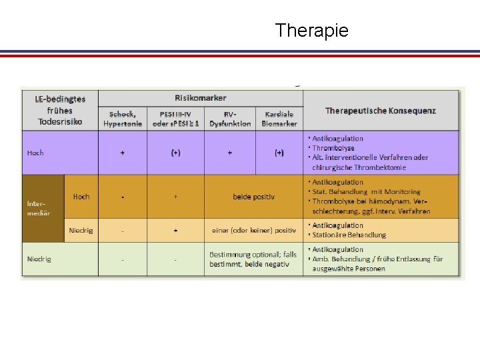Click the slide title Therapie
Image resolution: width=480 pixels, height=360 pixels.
311,31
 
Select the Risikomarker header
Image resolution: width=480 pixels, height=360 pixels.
200,98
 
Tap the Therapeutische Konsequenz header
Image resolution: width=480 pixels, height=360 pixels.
380,110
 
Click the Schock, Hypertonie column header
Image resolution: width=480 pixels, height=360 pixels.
123,119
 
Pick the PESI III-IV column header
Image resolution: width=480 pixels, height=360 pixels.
175,119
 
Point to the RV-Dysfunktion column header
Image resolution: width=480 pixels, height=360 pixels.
230,119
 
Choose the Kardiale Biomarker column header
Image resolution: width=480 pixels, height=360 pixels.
279,119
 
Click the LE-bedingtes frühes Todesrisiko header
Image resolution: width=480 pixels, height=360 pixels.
60,111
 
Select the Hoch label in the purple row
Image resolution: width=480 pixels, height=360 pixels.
35,153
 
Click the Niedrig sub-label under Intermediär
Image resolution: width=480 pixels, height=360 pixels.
81,231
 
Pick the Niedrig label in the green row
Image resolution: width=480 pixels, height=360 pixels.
39,259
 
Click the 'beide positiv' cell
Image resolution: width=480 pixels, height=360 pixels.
253,197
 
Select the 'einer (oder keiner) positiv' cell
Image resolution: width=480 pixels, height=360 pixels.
253,230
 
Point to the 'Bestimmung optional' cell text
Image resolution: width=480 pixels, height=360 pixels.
253,259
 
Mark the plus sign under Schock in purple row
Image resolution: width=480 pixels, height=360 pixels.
123,153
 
